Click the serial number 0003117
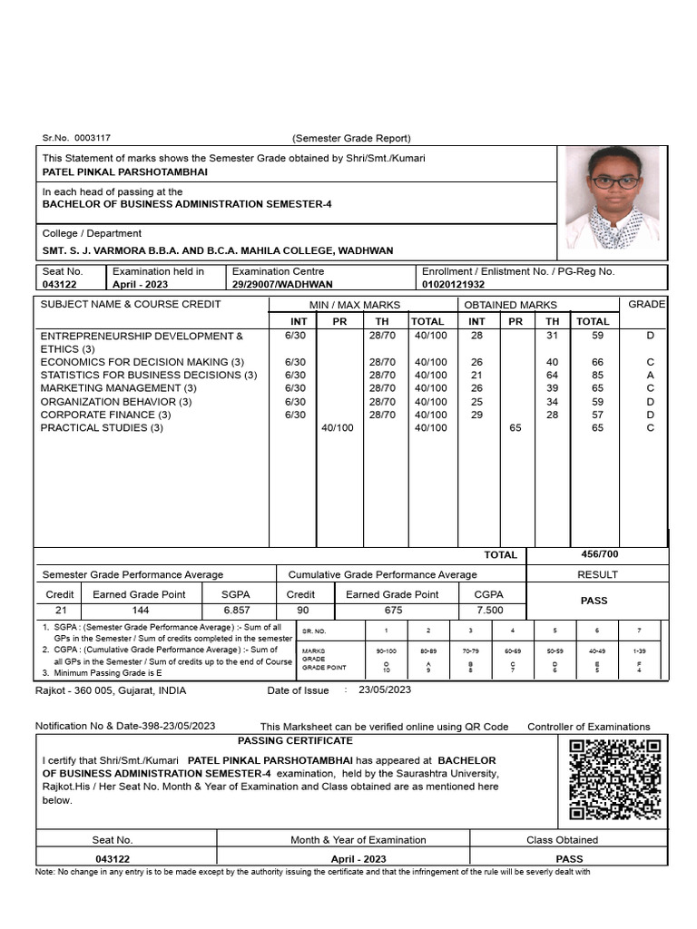(93, 138)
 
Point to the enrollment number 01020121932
(460, 284)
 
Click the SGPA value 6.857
(237, 611)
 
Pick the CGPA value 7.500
(489, 611)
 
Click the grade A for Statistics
(650, 375)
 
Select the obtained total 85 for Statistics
(597, 375)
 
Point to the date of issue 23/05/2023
(385, 690)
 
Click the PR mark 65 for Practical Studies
(515, 428)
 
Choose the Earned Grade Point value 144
(140, 611)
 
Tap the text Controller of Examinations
(589, 727)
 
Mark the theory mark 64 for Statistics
(552, 375)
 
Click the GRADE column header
(646, 304)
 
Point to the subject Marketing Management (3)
(113, 388)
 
